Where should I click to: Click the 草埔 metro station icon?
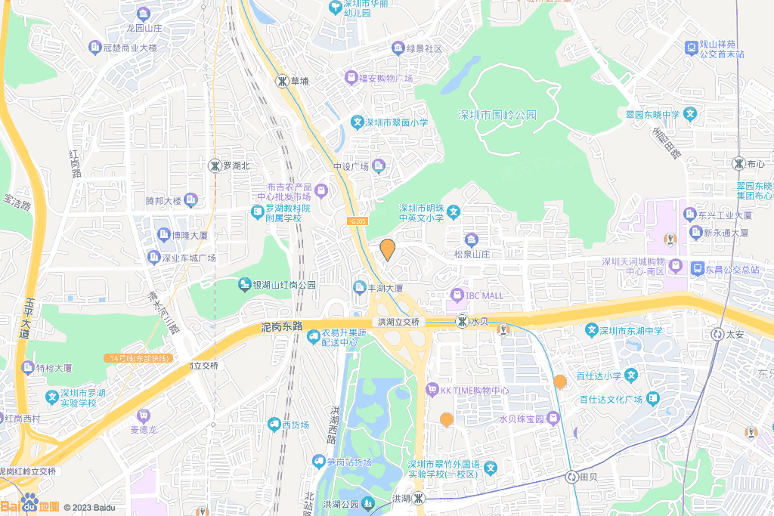pos(281,80)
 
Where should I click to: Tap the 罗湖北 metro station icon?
pos(215,165)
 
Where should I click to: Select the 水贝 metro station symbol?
pos(461,322)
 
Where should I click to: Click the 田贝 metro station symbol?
pos(571,477)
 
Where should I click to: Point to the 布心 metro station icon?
pos(738,163)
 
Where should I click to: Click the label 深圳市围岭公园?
pos(497,115)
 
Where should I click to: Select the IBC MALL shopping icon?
pos(457,295)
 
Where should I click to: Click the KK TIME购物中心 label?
pos(475,391)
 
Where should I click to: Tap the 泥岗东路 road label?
pos(281,326)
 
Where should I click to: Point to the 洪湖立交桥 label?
pos(399,322)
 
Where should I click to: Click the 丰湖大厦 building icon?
pos(359,288)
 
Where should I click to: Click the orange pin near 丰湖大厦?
pos(387,249)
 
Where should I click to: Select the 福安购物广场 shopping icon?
pos(351,78)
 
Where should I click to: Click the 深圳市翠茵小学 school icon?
pos(358,122)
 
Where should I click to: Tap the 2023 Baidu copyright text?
pos(89,508)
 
